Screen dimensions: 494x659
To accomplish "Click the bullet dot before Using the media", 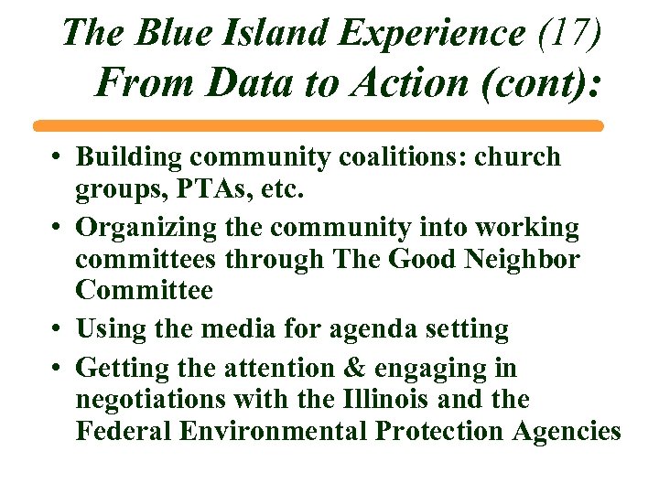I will [x=57, y=328].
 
